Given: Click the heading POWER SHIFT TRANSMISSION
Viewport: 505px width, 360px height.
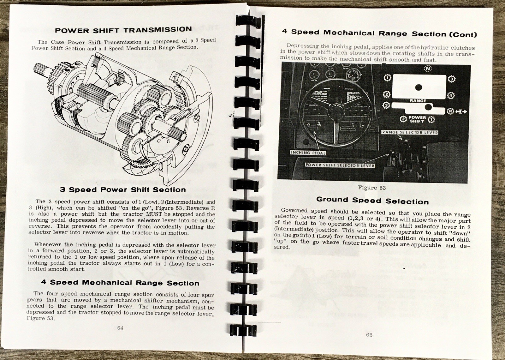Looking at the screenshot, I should pyautogui.click(x=123, y=30).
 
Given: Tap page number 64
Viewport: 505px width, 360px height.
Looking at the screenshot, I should pyautogui.click(x=120, y=328).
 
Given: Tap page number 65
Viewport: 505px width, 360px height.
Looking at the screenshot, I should pyautogui.click(x=369, y=334).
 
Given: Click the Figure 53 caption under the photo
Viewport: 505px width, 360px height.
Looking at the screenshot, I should pyautogui.click(x=372, y=188).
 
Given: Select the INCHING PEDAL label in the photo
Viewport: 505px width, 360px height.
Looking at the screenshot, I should pyautogui.click(x=308, y=153).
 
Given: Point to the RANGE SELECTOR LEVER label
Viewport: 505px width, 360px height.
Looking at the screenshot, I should pyautogui.click(x=410, y=132).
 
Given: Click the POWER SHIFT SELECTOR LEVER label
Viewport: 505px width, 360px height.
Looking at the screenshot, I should pyautogui.click(x=340, y=165).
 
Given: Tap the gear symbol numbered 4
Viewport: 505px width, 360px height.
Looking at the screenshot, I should pyautogui.click(x=451, y=95).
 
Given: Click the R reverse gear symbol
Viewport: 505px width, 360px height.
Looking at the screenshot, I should pyautogui.click(x=450, y=111).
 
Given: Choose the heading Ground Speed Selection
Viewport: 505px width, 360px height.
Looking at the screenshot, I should pyautogui.click(x=372, y=201).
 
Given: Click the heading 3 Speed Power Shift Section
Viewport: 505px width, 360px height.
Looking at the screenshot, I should pyautogui.click(x=122, y=190).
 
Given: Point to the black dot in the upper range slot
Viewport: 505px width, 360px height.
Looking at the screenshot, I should pyautogui.click(x=419, y=87).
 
